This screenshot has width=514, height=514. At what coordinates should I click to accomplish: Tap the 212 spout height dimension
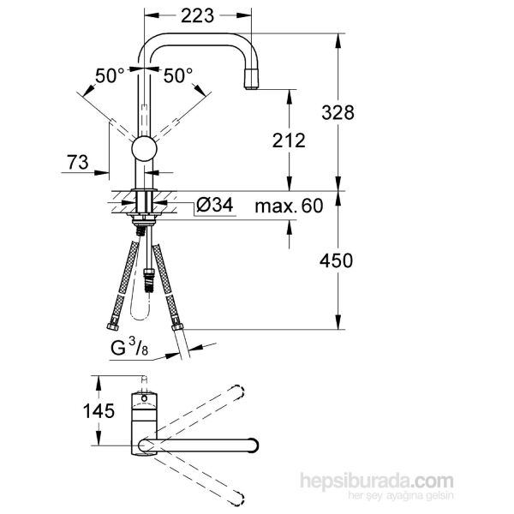pyautogui.click(x=289, y=141)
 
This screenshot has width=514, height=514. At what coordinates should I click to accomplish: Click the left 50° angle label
pyautogui.click(x=111, y=76)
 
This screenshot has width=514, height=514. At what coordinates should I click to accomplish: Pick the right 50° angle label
pyautogui.click(x=178, y=76)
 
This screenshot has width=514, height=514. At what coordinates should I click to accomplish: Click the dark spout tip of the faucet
pyautogui.click(x=252, y=83)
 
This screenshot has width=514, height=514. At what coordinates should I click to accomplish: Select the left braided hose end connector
pyautogui.click(x=114, y=325)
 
